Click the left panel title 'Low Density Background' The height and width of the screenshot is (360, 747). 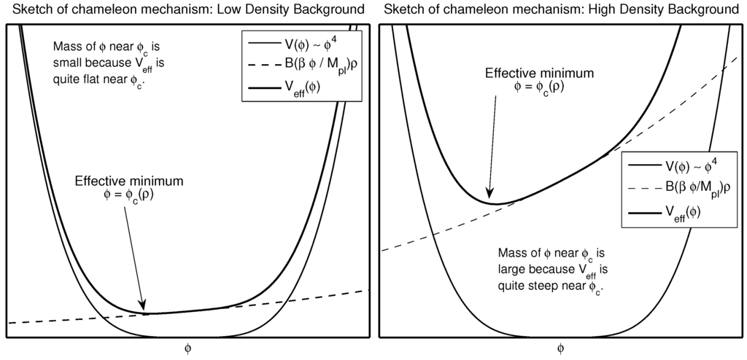[x=300, y=10]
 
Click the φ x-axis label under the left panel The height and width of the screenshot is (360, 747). [x=188, y=348]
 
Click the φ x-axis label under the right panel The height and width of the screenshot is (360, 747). [x=560, y=348]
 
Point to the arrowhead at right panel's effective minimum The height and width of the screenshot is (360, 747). [x=491, y=195]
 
